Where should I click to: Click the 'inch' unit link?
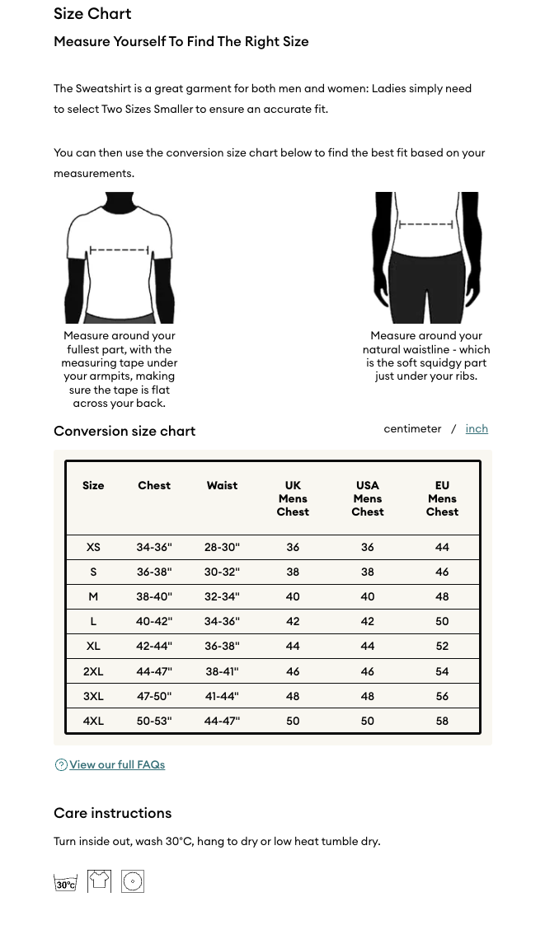pyautogui.click(x=477, y=429)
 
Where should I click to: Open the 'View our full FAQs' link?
pyautogui.click(x=117, y=765)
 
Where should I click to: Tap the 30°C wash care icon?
pyautogui.click(x=66, y=882)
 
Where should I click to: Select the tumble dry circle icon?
pyautogui.click(x=133, y=881)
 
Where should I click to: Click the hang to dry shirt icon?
pyautogui.click(x=99, y=881)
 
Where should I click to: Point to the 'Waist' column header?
pyautogui.click(x=222, y=486)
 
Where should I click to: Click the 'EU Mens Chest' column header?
pyautogui.click(x=442, y=498)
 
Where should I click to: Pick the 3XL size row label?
pyautogui.click(x=93, y=696)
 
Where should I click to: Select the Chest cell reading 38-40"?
pyautogui.click(x=154, y=597)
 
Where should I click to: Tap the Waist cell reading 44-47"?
pyautogui.click(x=222, y=721)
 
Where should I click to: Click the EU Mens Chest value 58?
pyautogui.click(x=442, y=721)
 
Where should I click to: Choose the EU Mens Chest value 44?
pyautogui.click(x=442, y=547)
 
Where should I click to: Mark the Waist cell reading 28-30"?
pyautogui.click(x=222, y=547)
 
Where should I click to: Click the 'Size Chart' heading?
pyautogui.click(x=92, y=14)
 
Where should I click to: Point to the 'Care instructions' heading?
pyautogui.click(x=113, y=813)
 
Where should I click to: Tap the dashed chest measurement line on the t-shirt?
pyautogui.click(x=120, y=250)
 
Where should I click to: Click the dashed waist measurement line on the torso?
pyautogui.click(x=426, y=224)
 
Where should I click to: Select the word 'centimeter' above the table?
pyautogui.click(x=412, y=429)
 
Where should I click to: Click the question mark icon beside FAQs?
pyautogui.click(x=61, y=765)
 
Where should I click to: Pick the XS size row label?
pyautogui.click(x=93, y=547)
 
